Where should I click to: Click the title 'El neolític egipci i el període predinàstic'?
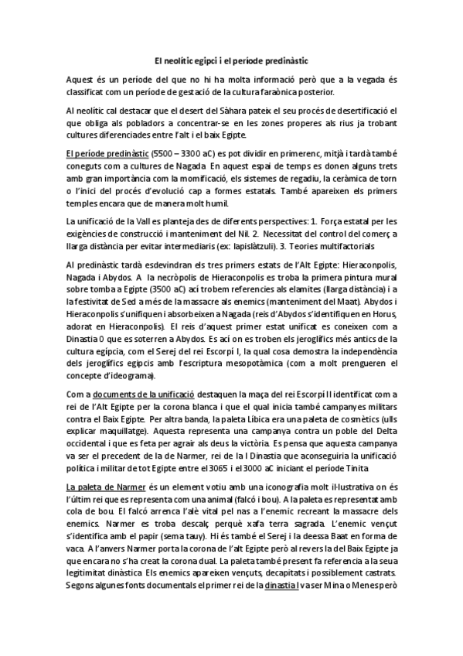point(231,59)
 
